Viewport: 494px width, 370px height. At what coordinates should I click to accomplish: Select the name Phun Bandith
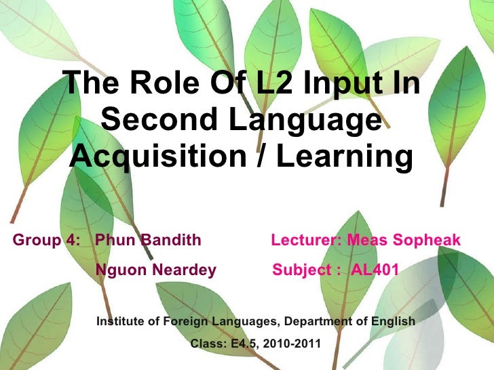pos(149,241)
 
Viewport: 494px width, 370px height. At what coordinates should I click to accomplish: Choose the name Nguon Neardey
pos(156,271)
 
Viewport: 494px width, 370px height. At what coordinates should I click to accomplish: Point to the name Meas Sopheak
pos(404,241)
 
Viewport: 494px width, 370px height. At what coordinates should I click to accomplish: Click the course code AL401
pos(376,271)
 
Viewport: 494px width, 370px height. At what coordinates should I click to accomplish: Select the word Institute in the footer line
pos(121,321)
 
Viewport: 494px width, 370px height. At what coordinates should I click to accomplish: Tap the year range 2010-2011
pos(290,344)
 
